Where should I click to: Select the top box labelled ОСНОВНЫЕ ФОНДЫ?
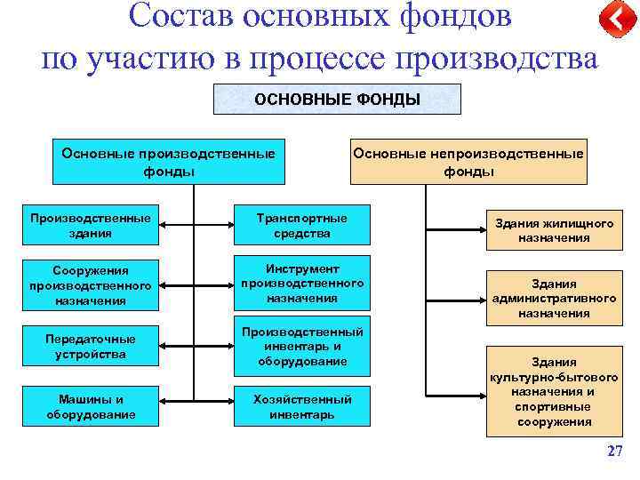coord(337,100)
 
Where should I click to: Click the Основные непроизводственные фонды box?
coord(468,161)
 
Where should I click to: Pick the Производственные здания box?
coord(90,226)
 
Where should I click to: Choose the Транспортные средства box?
coord(301,226)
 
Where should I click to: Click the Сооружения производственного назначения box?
coord(90,285)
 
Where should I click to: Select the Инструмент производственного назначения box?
coord(301,284)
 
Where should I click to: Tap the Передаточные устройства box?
coord(90,347)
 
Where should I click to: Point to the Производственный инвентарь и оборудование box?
coord(301,346)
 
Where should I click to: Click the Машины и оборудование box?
coord(90,407)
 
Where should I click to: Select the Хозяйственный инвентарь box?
coord(301,407)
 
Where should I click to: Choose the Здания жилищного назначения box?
coord(554,230)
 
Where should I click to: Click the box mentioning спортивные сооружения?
coord(554,392)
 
